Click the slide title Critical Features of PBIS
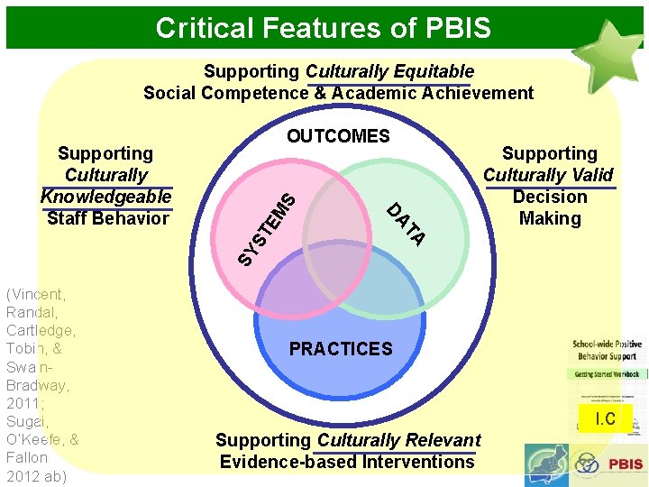click(x=324, y=28)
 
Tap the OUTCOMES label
click(x=338, y=136)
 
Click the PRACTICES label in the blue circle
click(x=341, y=349)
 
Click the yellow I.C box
click(x=605, y=418)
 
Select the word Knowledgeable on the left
click(x=106, y=197)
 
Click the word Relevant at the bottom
click(x=435, y=440)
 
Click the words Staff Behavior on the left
click(x=107, y=218)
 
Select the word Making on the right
click(x=550, y=218)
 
